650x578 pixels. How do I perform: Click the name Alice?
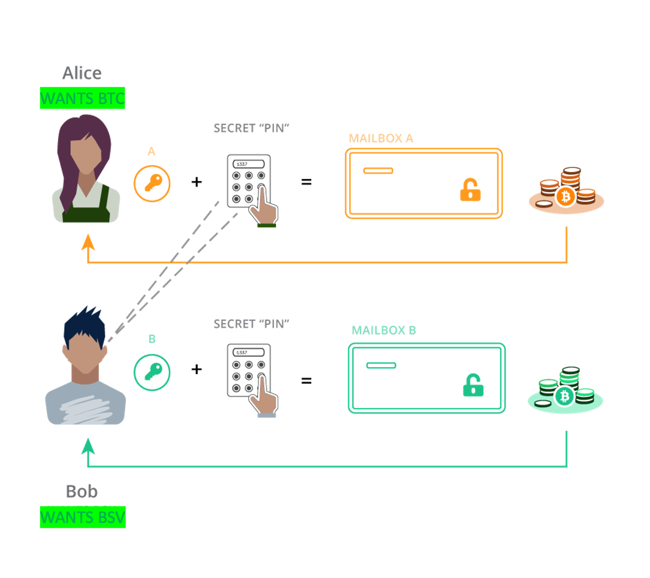(x=82, y=73)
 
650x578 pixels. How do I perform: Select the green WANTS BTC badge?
(x=82, y=98)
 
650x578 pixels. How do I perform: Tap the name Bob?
(x=81, y=491)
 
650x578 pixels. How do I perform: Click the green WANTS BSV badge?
(x=82, y=518)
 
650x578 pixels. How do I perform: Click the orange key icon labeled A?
(x=152, y=184)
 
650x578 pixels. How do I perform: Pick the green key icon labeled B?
(x=152, y=372)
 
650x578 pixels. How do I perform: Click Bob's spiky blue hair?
(x=85, y=325)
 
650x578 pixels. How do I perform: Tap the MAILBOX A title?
(x=381, y=138)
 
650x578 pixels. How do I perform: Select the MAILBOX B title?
(x=384, y=330)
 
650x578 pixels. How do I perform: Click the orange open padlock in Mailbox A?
(x=470, y=190)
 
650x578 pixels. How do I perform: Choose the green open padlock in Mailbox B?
(x=473, y=385)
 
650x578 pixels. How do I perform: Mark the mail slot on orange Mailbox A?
(x=378, y=171)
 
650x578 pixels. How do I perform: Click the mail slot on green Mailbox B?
(x=381, y=365)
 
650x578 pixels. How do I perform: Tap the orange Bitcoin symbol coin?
(x=565, y=197)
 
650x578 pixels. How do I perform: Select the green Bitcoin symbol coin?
(x=564, y=397)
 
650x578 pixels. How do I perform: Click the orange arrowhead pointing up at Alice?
(x=88, y=243)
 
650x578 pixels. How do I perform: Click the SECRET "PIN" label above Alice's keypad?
(x=251, y=128)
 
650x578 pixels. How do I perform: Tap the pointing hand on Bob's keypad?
(x=263, y=401)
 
